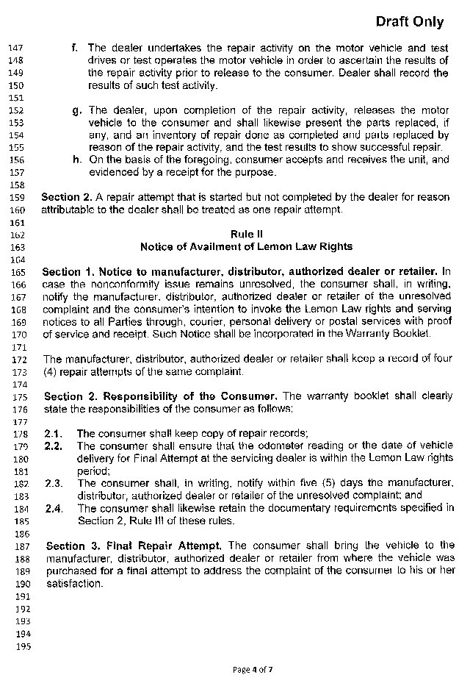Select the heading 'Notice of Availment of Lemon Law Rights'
[245, 246]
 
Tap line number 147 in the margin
[15, 49]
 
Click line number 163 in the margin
[15, 247]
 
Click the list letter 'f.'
[75, 48]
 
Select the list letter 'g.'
[76, 110]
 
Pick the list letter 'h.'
[76, 160]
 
